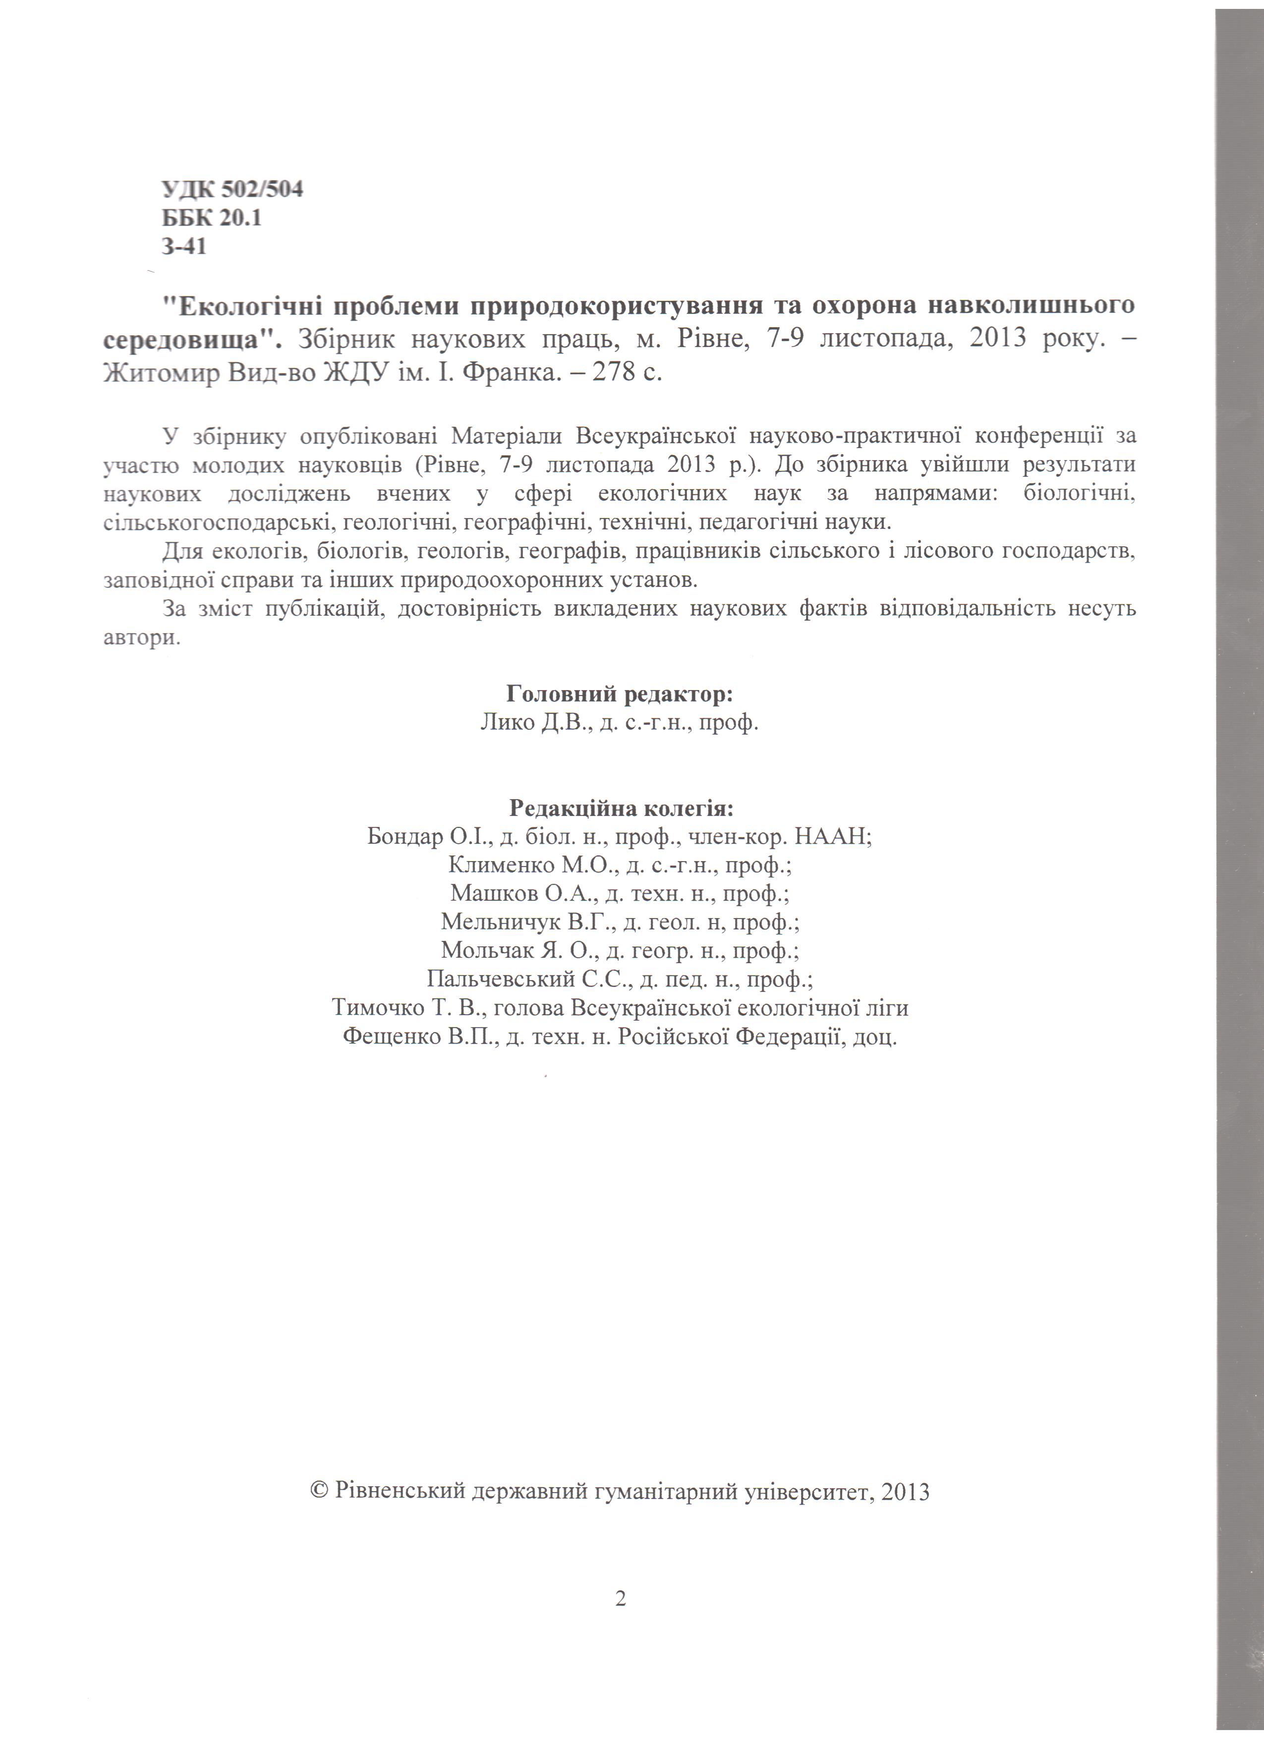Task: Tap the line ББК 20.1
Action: click(x=212, y=219)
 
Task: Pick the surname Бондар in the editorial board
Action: click(x=404, y=836)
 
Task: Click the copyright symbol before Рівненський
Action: click(x=319, y=1491)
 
